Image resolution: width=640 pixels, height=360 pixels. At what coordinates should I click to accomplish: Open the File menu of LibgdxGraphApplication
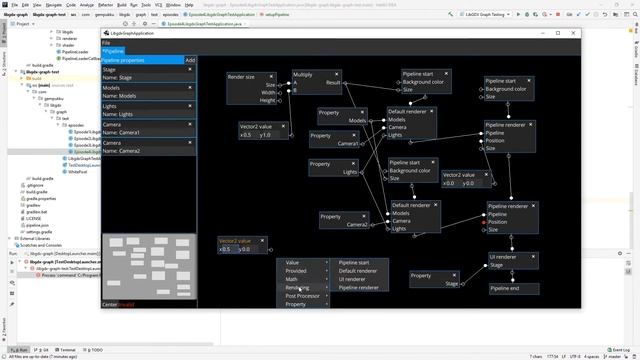[x=106, y=43]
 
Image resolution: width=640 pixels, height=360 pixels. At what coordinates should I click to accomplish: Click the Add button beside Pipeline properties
[x=190, y=60]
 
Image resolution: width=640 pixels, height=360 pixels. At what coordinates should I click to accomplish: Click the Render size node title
[x=241, y=76]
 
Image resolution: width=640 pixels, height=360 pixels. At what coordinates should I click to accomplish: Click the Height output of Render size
[x=267, y=101]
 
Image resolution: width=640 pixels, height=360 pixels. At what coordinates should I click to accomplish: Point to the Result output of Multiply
[x=333, y=83]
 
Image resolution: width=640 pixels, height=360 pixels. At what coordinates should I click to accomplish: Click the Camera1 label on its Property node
[x=348, y=144]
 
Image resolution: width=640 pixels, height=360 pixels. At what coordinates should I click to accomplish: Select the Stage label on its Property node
[x=451, y=284]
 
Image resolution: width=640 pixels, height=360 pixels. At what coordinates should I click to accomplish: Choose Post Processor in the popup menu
[x=303, y=296]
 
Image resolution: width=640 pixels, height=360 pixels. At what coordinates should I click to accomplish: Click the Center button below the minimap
[x=110, y=304]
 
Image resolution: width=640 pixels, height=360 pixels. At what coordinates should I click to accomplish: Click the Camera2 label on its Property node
[x=357, y=225]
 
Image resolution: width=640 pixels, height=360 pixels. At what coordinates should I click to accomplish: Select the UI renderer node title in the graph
[x=505, y=257]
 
